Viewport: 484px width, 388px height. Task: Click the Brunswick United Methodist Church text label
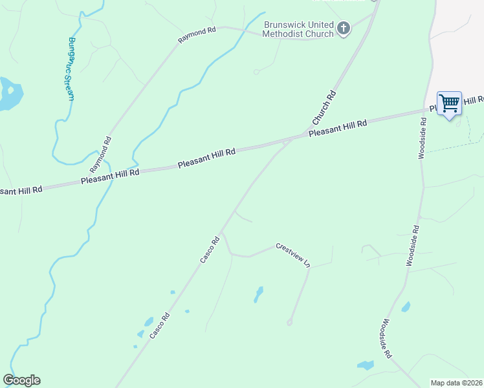point(298,28)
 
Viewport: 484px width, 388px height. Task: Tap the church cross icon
point(344,28)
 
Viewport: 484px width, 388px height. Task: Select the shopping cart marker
point(449,103)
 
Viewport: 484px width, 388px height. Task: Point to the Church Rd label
point(324,107)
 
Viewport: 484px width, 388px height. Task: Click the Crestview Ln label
point(294,255)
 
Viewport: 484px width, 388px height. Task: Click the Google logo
point(21,380)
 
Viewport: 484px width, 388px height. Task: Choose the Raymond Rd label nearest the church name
point(197,35)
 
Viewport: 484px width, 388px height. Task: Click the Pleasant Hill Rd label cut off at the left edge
point(21,190)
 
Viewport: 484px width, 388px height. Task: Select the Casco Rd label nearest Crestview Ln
point(210,249)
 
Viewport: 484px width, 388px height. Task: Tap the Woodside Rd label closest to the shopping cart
point(422,138)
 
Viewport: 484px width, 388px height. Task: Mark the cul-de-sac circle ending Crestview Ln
point(289,322)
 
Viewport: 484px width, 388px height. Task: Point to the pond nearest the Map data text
point(366,365)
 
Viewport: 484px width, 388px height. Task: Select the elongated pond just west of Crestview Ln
point(259,294)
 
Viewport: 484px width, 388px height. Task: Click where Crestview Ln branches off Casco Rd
point(222,233)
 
